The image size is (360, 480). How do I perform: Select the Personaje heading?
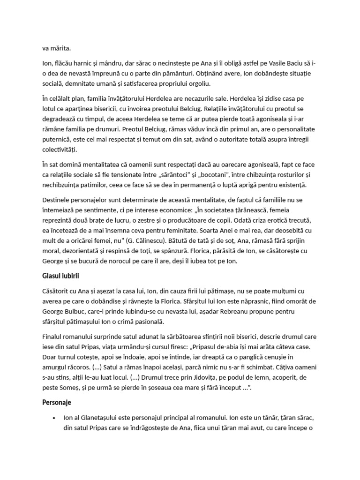tap(57, 403)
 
